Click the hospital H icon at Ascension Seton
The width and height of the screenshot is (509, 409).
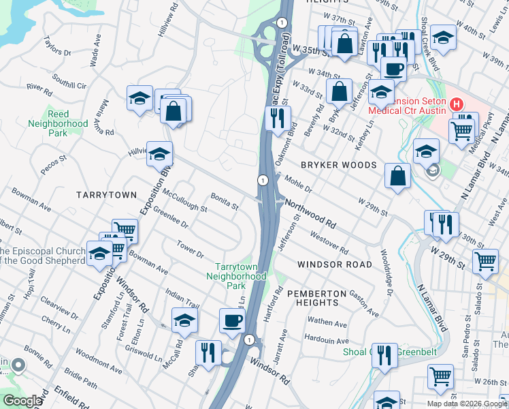point(457,105)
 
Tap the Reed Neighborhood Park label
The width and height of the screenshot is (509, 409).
point(58,123)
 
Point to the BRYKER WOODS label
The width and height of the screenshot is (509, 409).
point(338,166)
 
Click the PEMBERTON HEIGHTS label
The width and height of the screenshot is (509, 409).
point(312,297)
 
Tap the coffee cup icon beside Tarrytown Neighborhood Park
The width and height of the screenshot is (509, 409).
point(232,320)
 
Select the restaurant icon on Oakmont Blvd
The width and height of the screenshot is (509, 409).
point(278,117)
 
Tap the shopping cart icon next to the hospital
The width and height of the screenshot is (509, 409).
point(463,127)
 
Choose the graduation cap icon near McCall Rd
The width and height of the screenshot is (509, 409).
point(184,320)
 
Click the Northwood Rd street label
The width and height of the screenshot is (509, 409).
point(311,213)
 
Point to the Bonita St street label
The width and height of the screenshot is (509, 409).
point(224,201)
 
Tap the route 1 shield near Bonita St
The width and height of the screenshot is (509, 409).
point(262,180)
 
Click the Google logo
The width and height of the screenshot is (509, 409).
point(22,400)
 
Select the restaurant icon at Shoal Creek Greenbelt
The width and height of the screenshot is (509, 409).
point(385,356)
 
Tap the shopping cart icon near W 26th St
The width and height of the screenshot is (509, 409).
point(440,376)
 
